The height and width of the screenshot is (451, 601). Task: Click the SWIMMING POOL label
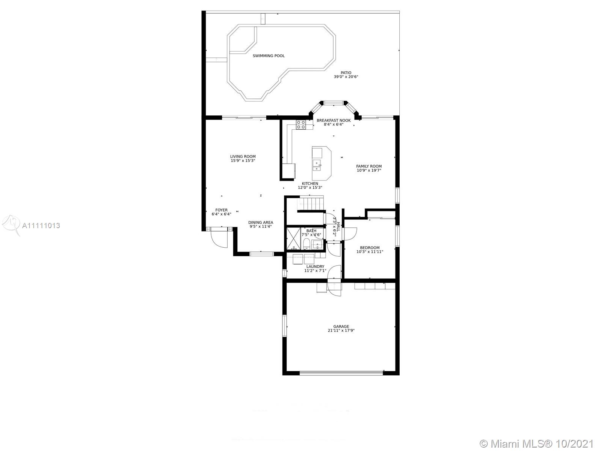[x=268, y=56]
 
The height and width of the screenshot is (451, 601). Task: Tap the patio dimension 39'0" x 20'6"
[x=346, y=77]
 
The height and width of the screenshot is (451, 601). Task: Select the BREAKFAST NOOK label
[x=334, y=121]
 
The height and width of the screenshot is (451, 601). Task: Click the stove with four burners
[x=300, y=125]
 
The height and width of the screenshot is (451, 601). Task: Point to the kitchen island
[x=322, y=163]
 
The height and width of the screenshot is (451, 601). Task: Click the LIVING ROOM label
[x=243, y=157]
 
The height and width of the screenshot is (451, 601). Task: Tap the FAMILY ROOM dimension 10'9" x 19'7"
[x=368, y=170]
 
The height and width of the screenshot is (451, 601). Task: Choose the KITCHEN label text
[x=310, y=184]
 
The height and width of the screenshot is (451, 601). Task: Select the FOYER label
[x=221, y=210]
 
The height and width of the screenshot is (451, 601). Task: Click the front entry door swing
[x=219, y=238]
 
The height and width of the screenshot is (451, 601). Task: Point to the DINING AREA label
[x=261, y=222]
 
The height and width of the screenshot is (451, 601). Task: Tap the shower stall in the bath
[x=293, y=239]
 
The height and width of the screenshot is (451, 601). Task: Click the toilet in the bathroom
[x=307, y=244]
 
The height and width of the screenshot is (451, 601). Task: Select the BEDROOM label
[x=370, y=248]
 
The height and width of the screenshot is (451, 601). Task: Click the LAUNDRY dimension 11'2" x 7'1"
[x=315, y=271]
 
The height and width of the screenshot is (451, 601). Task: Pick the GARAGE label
[x=341, y=326]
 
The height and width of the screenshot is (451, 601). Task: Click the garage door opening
[x=341, y=373]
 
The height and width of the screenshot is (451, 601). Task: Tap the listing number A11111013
[x=41, y=225]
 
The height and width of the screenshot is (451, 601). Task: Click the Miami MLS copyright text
[x=537, y=444]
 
